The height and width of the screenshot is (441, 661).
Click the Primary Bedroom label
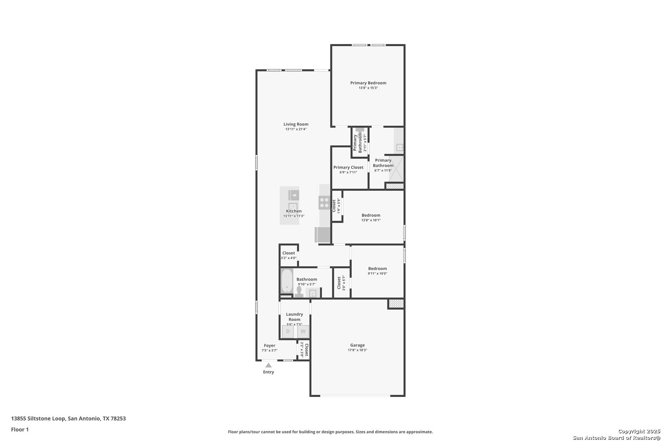(x=368, y=83)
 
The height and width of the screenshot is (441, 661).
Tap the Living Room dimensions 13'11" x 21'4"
(x=296, y=129)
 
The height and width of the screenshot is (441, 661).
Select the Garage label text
(x=357, y=345)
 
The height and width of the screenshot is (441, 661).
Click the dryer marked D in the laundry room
(x=288, y=332)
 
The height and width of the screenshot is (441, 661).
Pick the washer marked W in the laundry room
(x=303, y=332)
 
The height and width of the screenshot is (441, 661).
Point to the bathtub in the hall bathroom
(x=286, y=281)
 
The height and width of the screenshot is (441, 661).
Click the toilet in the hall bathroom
(x=299, y=292)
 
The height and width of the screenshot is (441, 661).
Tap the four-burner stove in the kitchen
(x=324, y=203)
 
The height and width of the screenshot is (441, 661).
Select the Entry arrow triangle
(x=268, y=365)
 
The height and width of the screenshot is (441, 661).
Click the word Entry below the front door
(x=268, y=372)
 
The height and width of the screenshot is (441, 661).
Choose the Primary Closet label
(x=348, y=167)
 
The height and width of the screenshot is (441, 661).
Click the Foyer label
(x=269, y=345)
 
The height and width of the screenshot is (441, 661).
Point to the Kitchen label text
(x=294, y=211)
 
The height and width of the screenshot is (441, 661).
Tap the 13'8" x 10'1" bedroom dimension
(x=371, y=220)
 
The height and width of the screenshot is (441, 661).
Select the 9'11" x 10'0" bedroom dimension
(x=377, y=274)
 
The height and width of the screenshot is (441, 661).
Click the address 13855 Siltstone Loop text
(x=38, y=419)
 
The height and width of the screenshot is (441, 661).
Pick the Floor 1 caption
(x=20, y=430)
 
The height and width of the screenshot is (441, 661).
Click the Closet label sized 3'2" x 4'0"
(x=288, y=253)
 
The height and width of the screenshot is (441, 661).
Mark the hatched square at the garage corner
(x=396, y=304)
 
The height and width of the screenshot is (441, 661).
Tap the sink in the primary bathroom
(x=399, y=147)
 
